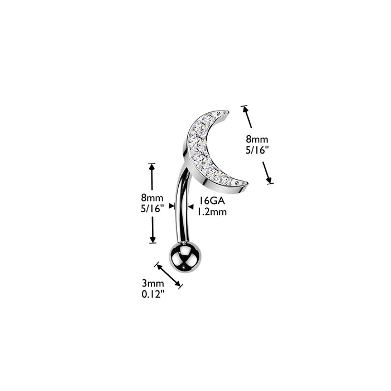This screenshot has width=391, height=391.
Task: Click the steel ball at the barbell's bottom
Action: click(185, 257)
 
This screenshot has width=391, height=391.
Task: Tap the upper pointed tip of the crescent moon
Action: click(228, 112)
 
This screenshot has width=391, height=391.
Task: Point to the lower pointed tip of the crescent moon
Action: click(247, 183)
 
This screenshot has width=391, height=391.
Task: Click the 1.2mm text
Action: click(212, 212)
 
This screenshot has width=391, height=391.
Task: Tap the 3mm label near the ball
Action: click(153, 284)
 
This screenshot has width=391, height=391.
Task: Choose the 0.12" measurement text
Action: click(153, 294)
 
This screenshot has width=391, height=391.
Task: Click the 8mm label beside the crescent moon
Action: click(257, 139)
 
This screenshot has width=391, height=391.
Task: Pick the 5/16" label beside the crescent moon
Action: click(258, 150)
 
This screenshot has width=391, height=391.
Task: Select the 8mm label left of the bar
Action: click(152, 198)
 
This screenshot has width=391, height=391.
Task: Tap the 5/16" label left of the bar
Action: click(152, 208)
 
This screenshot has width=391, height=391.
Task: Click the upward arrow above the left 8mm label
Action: click(152, 177)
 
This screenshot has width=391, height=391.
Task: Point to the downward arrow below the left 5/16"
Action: click(152, 230)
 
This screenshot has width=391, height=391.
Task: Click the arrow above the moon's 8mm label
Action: click(247, 117)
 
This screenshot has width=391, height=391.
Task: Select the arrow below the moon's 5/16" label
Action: click(267, 173)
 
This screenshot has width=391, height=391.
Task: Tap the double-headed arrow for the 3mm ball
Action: click(169, 275)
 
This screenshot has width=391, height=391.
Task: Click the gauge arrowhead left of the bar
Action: click(172, 206)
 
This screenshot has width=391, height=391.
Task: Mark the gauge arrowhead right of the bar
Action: click(191, 207)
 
